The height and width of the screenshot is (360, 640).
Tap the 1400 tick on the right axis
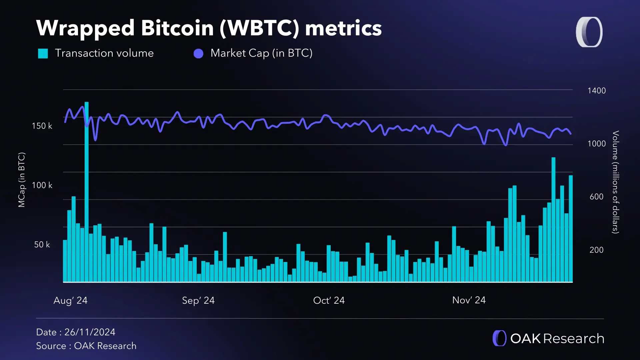[596, 91]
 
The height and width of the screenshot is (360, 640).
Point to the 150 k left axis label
[42, 126]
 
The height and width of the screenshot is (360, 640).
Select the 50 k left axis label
[42, 245]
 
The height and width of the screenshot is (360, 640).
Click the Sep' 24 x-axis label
[198, 300]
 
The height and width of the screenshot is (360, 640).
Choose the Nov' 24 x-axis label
[469, 300]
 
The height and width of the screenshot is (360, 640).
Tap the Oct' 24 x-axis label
[329, 300]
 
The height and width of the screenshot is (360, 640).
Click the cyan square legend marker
[43, 53]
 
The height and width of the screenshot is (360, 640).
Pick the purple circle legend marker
[198, 54]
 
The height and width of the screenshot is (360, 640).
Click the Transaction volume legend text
[104, 53]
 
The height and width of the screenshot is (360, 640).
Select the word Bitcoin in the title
[177, 28]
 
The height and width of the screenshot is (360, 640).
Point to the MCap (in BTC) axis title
[22, 180]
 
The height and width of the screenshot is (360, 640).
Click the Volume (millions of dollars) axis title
[616, 182]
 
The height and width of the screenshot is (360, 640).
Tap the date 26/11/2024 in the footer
[90, 332]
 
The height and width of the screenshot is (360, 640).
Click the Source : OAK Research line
[86, 346]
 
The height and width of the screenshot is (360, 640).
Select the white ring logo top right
[589, 32]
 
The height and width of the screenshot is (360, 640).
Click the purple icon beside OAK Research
[499, 338]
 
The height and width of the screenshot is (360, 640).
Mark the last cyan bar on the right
[571, 230]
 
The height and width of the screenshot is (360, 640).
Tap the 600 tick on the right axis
[596, 197]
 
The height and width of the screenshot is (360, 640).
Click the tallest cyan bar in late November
[553, 220]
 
